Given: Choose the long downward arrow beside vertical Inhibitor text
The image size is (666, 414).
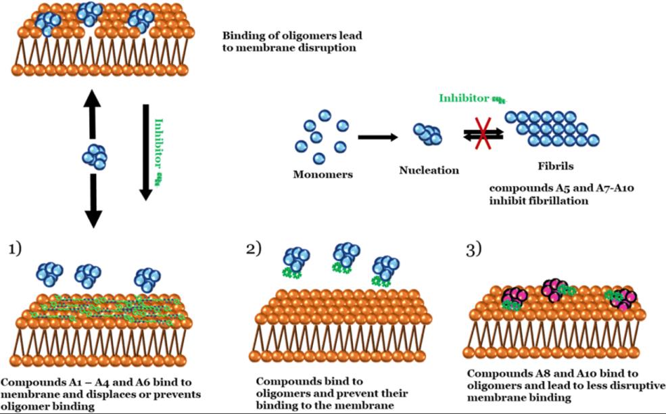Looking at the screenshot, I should point(145,152).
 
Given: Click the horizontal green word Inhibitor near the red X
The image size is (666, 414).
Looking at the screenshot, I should point(464,98).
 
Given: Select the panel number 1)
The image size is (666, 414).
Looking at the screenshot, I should point(15,249).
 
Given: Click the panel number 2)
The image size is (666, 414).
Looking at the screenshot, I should point(254,249).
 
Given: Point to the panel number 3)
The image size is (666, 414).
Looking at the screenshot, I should point(473,249).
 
